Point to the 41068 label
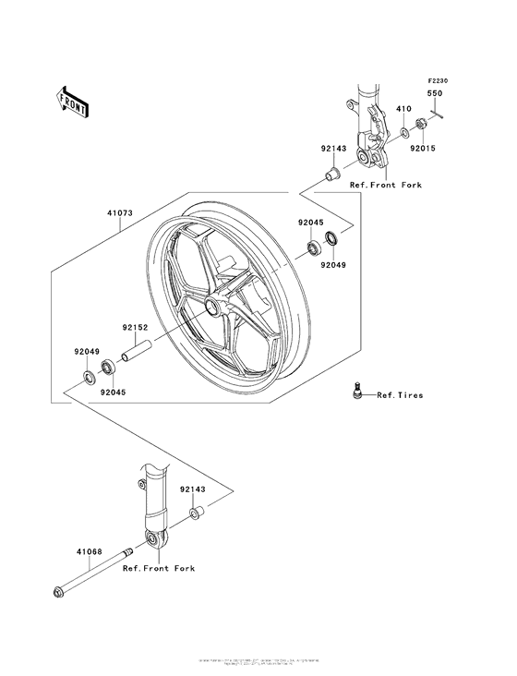click(x=89, y=552)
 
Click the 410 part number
click(x=403, y=109)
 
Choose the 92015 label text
click(x=423, y=148)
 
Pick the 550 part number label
click(x=433, y=94)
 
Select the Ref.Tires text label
click(x=400, y=395)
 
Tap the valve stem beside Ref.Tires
click(x=355, y=392)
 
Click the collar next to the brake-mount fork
click(x=333, y=174)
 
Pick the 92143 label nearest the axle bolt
click(x=193, y=490)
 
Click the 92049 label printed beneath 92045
click(x=333, y=266)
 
